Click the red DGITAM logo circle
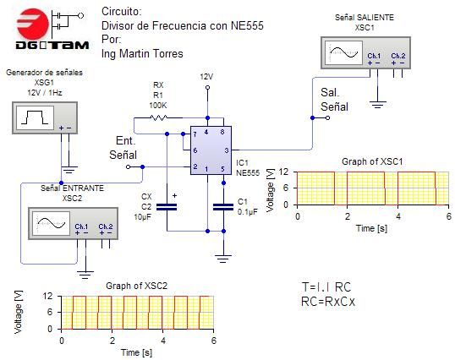(33, 24)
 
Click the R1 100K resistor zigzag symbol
(158, 117)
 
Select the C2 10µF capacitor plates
(167, 207)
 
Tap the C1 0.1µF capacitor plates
(223, 207)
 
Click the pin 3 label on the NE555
(227, 150)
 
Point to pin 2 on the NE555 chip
(195, 166)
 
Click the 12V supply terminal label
(206, 77)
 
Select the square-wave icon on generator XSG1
(35, 117)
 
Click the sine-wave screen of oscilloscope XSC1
(344, 52)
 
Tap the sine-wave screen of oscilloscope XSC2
(52, 223)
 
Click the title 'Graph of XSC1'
(372, 161)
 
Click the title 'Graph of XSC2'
(137, 286)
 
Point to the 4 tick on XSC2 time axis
(163, 341)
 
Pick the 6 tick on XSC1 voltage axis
(286, 188)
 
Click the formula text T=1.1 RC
(326, 287)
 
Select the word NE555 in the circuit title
(247, 25)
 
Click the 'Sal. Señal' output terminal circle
(327, 118)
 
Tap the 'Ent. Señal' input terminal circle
(129, 167)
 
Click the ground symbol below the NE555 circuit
(223, 259)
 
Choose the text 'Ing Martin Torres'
(142, 53)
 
